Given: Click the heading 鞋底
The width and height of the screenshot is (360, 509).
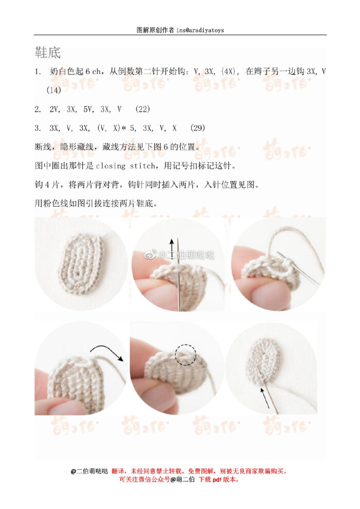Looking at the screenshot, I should click(x=48, y=52).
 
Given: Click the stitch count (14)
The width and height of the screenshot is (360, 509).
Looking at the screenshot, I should click(x=54, y=90).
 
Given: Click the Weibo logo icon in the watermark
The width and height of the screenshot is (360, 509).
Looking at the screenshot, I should click(x=150, y=254).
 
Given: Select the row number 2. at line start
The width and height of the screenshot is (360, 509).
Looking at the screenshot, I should click(x=38, y=109).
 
